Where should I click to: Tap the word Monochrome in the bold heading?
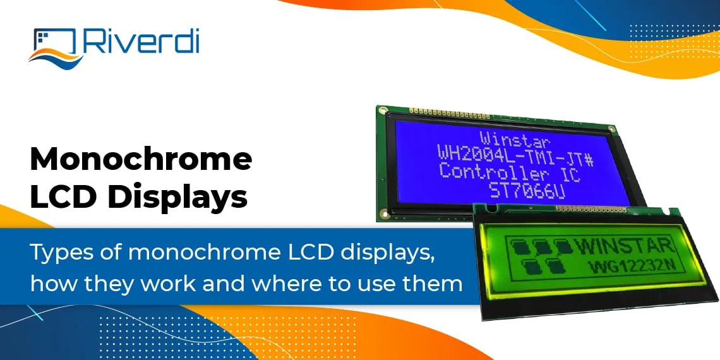click(141, 160)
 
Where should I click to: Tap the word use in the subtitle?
click(370, 283)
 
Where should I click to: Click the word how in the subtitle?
click(47, 283)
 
